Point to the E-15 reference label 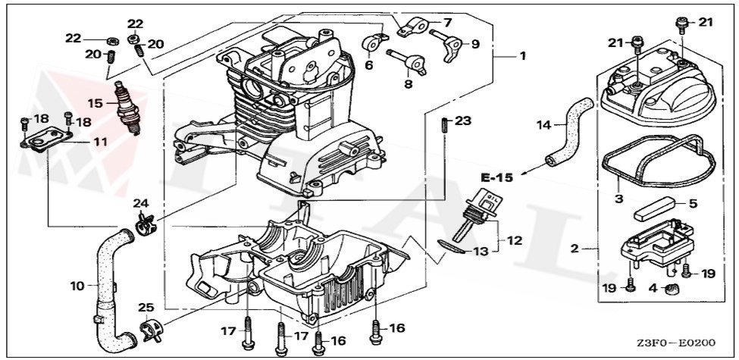496,177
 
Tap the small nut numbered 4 669,288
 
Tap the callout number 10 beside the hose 77,286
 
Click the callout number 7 447,23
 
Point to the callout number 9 475,44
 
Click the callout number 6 370,65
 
